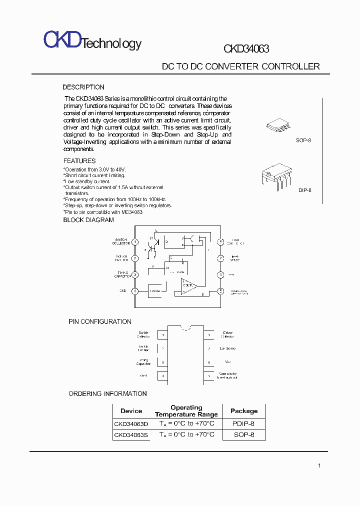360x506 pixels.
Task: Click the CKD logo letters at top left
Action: point(62,39)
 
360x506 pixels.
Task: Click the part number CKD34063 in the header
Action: point(246,49)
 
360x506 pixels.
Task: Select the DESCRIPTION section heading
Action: point(83,87)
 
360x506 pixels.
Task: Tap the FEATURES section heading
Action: point(79,161)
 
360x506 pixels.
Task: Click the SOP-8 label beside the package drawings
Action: point(303,140)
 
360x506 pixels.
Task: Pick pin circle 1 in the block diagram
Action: point(135,242)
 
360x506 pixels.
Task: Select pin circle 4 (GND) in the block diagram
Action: point(135,291)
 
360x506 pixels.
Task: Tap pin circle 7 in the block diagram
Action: point(220,258)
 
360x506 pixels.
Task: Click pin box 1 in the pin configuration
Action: point(162,334)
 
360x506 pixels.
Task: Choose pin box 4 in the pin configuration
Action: point(162,375)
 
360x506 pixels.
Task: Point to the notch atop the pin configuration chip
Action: point(185,328)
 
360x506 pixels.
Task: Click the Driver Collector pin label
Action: point(227,334)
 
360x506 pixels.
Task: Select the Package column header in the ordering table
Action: point(244,411)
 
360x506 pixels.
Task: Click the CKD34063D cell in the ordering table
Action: point(131,423)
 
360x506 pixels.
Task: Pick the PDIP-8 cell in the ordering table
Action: point(243,423)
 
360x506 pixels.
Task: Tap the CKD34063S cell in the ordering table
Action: point(131,435)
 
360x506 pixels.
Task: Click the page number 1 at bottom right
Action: point(319,466)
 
